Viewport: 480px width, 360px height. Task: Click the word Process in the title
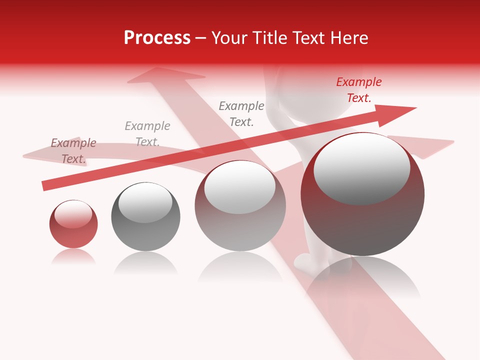tap(157, 38)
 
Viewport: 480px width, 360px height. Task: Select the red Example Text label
tap(358, 90)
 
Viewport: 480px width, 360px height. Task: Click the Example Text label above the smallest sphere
tap(73, 151)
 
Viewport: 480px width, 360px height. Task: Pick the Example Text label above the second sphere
tap(147, 134)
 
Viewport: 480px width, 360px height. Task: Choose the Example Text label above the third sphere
tap(241, 114)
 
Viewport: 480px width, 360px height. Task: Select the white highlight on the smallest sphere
tap(73, 214)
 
